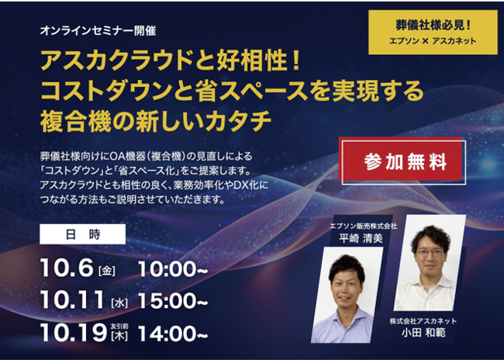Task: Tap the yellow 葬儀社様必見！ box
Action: point(433,32)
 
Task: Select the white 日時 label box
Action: point(83,234)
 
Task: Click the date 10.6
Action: point(67,268)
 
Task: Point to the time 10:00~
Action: point(173,269)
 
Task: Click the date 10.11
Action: point(72,299)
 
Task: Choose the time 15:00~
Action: point(173,301)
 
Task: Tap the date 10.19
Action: point(74,333)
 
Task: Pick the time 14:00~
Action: point(173,334)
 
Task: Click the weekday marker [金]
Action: point(107,271)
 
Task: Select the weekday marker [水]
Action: point(119,303)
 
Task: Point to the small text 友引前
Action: point(119,326)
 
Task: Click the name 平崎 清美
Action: point(361,238)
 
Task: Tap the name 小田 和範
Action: point(423,333)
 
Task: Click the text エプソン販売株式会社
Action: point(363,226)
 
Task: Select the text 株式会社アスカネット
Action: point(423,321)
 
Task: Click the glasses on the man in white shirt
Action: point(430,253)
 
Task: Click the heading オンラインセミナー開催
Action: point(98,31)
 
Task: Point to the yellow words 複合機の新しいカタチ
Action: point(156,122)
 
